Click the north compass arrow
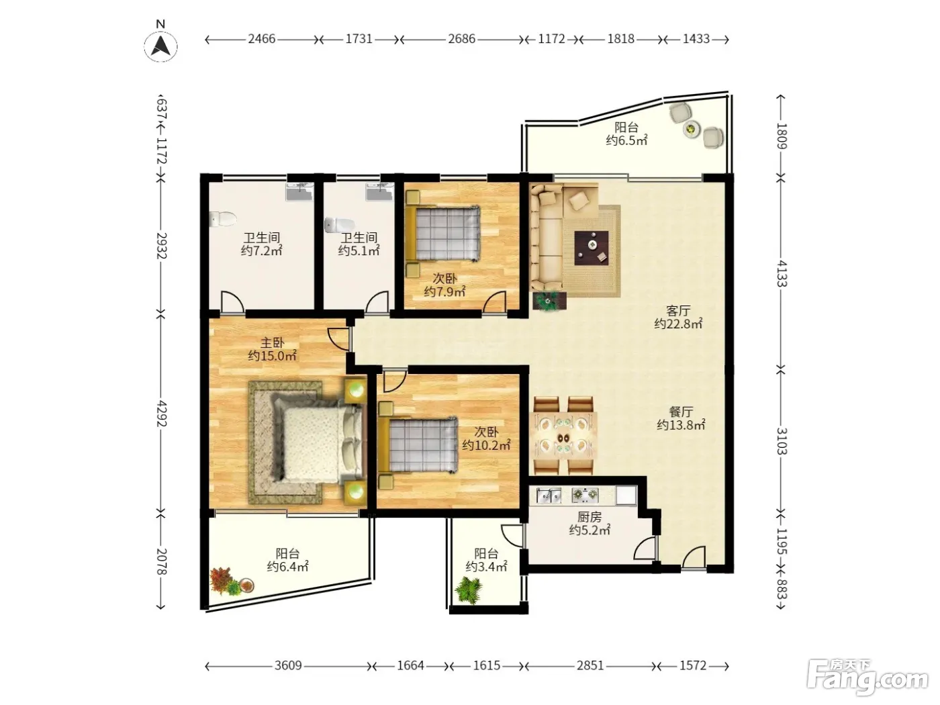[160, 46]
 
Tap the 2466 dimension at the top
[262, 39]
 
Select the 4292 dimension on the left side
[161, 414]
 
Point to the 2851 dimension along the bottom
[590, 665]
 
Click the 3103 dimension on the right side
[781, 441]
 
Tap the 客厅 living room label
[678, 310]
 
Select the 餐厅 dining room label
[681, 412]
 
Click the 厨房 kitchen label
[590, 517]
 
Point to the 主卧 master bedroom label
[273, 342]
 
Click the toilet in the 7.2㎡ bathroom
[223, 219]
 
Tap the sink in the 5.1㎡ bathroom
[379, 191]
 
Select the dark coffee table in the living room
[592, 248]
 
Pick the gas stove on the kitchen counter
[585, 495]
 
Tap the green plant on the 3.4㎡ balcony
[469, 590]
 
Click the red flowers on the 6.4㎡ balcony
[221, 579]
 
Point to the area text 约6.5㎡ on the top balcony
[626, 140]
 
